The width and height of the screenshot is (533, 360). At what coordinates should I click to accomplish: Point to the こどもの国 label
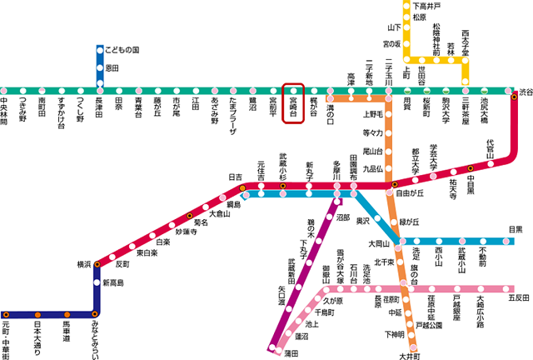(124, 49)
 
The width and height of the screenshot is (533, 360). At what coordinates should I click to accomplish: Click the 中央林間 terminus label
(5, 110)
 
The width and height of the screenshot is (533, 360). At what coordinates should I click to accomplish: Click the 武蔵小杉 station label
(283, 165)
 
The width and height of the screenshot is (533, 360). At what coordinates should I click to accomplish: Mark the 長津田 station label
(99, 107)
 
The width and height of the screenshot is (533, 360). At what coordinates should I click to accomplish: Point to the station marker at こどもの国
(99, 50)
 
